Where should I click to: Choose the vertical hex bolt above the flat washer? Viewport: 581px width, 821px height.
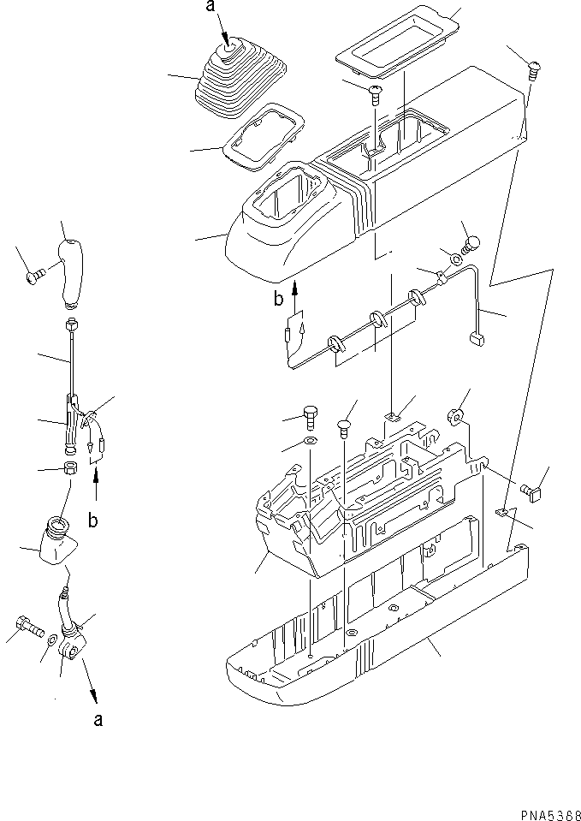click(311, 419)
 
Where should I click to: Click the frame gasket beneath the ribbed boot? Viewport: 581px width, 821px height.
click(264, 137)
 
